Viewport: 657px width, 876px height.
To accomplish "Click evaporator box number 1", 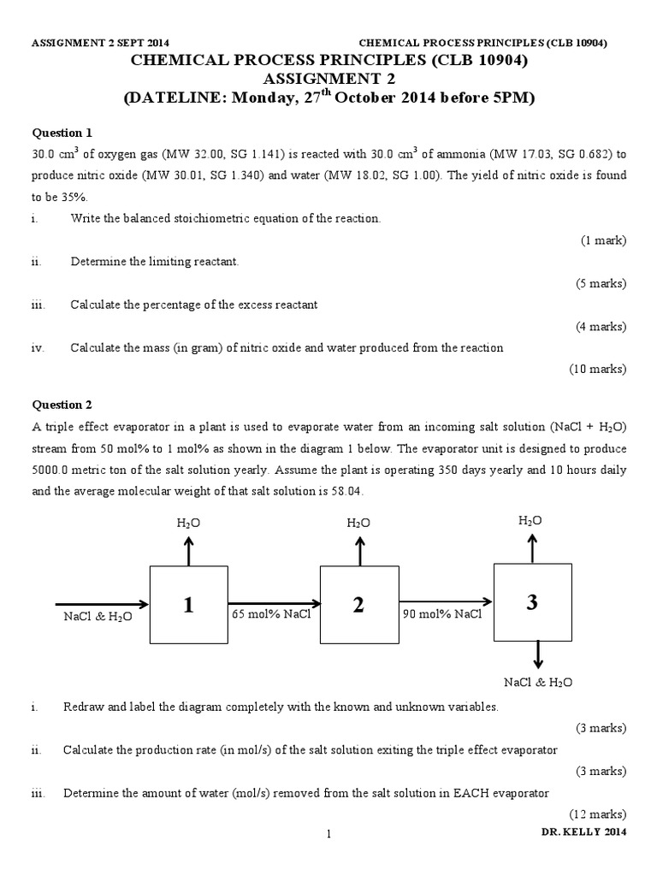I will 188,605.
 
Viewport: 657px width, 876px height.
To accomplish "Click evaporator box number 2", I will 358,605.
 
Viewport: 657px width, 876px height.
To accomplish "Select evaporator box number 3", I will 532,601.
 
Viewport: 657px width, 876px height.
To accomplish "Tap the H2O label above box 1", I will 189,522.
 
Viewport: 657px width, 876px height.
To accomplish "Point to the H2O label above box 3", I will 530,520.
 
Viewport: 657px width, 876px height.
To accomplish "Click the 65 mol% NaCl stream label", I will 270,613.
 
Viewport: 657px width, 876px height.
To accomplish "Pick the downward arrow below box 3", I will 538,654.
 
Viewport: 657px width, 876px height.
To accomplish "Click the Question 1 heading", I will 62,133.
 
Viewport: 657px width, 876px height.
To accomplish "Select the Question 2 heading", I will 62,405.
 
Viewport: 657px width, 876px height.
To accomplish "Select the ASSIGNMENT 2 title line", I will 328,80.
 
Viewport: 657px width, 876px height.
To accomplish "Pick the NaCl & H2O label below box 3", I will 538,682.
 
